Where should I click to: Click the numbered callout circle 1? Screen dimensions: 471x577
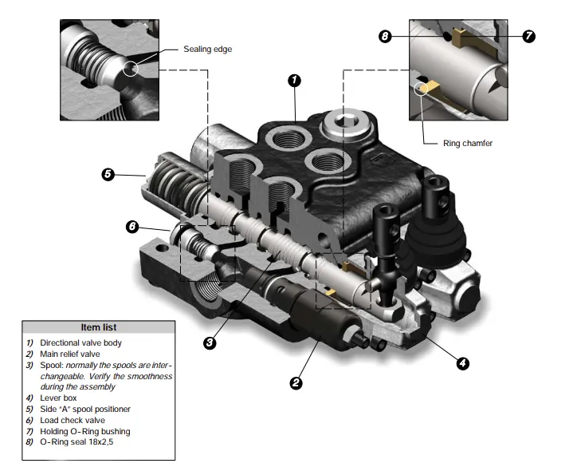[x=294, y=80]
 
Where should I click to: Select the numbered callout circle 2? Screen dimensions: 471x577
[x=296, y=382]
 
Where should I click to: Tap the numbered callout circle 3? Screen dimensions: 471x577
[x=209, y=342]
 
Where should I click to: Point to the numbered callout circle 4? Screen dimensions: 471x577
[x=461, y=363]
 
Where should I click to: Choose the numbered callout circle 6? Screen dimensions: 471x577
[x=133, y=226]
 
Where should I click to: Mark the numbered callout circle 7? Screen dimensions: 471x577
[x=528, y=36]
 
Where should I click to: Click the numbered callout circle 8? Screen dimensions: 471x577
[x=386, y=36]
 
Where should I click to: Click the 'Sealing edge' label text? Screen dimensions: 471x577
[x=207, y=49]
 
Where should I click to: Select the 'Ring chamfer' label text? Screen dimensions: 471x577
[x=468, y=144]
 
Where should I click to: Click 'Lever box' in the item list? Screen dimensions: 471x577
[x=59, y=398]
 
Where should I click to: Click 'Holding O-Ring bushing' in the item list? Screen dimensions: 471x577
[x=84, y=431]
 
